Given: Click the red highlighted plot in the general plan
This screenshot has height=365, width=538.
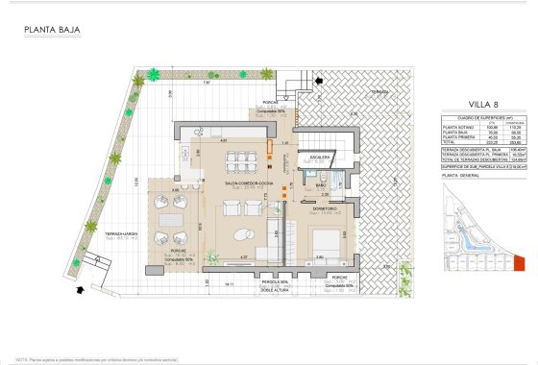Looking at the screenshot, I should tap(521, 261).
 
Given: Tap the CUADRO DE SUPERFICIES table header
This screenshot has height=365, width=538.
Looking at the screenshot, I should tap(468, 117).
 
